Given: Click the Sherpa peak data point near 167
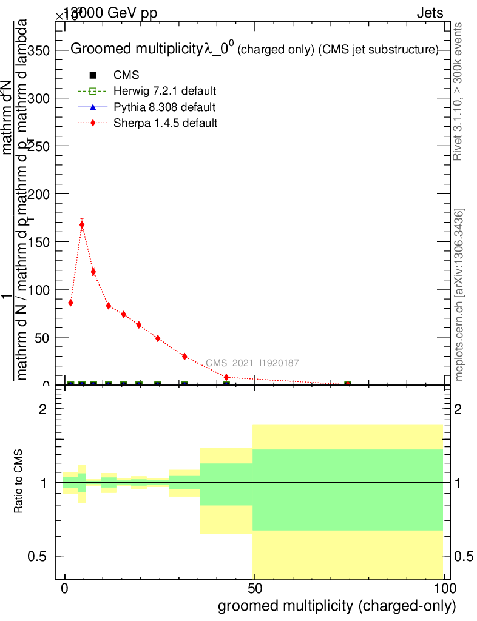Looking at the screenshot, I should click(x=82, y=225).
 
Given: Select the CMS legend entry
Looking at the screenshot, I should click(x=126, y=75).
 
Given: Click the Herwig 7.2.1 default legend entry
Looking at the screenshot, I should click(x=164, y=91).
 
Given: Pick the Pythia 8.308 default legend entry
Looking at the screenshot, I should click(x=164, y=107).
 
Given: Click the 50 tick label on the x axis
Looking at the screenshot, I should click(x=255, y=589).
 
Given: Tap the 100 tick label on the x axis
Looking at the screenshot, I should click(x=444, y=589).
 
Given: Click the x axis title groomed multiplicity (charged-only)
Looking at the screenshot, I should click(x=336, y=606).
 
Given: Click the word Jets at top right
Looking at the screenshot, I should click(x=430, y=13).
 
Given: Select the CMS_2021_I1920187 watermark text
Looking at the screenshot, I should click(x=252, y=363).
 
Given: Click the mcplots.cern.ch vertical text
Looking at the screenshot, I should click(x=459, y=295).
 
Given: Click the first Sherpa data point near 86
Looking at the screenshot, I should click(x=70, y=303).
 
